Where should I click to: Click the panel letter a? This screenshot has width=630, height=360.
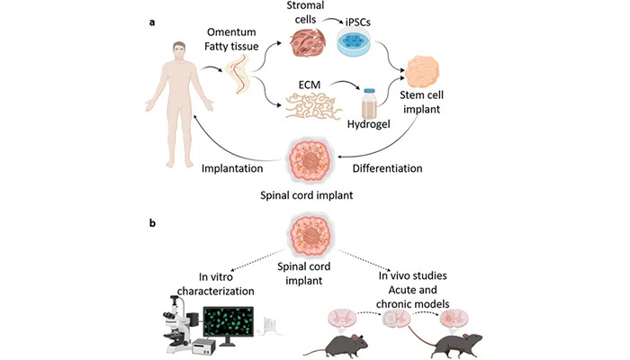(x=152, y=22)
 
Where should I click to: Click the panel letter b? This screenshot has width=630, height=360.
(x=152, y=222)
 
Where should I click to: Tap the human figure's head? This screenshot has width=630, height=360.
(x=179, y=51)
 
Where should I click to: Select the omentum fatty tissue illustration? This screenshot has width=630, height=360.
(x=238, y=75)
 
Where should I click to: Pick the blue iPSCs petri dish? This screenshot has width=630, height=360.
(x=354, y=41)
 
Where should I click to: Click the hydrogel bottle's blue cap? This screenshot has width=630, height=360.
(x=369, y=91)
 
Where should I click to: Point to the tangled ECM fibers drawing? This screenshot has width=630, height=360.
(x=314, y=106)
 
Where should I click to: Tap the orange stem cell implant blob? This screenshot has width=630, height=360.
(x=421, y=72)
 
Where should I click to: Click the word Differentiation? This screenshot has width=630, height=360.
(x=387, y=168)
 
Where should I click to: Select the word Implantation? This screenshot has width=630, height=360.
(x=232, y=168)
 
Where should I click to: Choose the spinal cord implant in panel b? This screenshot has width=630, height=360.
(x=310, y=235)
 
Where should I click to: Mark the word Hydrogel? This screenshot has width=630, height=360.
(x=368, y=124)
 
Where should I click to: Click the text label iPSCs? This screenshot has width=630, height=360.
(x=357, y=22)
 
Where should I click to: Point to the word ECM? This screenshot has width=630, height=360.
(x=310, y=85)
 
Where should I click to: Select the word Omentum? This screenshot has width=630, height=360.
(x=231, y=32)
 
